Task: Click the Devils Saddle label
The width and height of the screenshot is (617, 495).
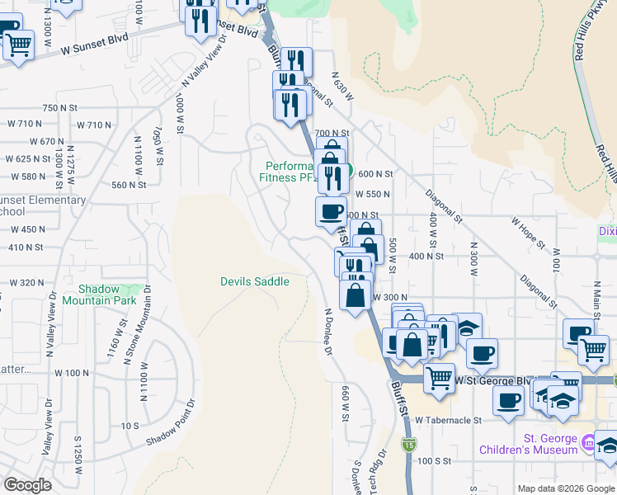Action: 254,282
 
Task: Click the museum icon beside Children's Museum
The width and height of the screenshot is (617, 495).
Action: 590,444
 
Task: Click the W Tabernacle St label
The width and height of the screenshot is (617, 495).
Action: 448,420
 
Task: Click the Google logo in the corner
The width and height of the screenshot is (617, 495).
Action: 27,485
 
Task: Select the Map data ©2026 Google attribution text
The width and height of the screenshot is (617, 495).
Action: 566,488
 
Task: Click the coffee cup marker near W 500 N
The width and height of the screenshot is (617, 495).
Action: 331,210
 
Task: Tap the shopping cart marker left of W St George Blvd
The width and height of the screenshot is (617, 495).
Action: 440,379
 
